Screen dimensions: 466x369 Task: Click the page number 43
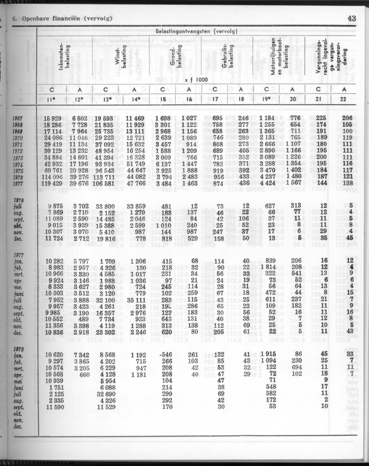(352, 18)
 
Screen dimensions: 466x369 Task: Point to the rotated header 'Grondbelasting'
(175, 59)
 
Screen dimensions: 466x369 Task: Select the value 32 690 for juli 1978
(109, 396)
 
